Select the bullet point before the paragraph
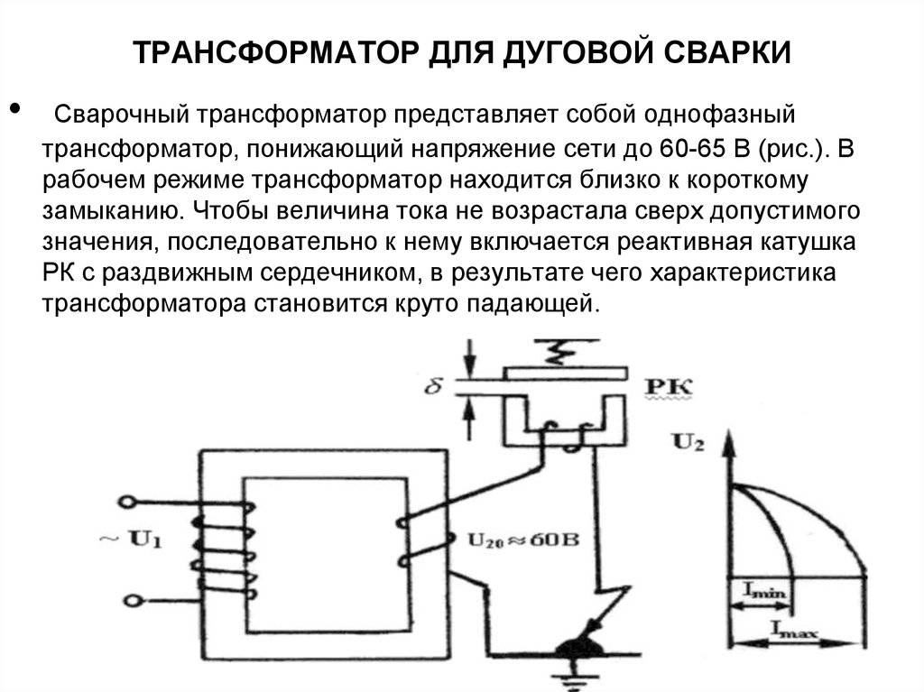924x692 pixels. tap(14, 109)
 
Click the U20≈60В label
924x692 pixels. tap(522, 540)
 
